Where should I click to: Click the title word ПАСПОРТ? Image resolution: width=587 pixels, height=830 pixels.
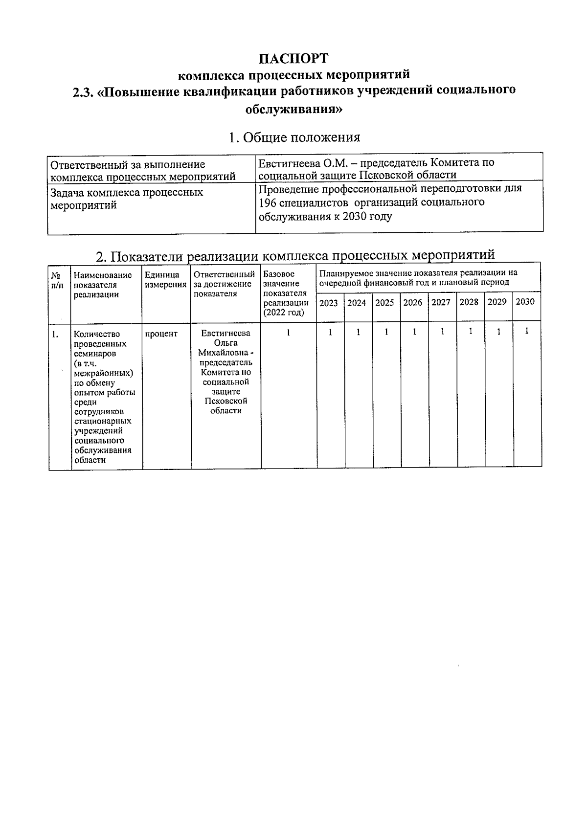(x=293, y=59)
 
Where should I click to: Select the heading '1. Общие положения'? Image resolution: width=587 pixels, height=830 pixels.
(x=294, y=137)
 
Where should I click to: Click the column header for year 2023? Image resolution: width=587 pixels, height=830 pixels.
(x=329, y=303)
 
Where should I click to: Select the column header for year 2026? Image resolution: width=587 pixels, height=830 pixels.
(x=413, y=303)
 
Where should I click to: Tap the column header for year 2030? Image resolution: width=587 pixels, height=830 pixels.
(x=525, y=302)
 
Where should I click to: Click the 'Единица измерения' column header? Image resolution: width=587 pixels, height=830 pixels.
(x=166, y=280)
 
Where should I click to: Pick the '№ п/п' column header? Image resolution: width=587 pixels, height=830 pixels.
(x=57, y=280)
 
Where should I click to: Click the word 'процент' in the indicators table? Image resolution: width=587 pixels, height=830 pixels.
(x=161, y=334)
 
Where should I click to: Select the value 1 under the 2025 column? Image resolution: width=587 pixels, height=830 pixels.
(x=386, y=332)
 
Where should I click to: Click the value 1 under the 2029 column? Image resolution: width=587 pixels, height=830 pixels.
(x=498, y=332)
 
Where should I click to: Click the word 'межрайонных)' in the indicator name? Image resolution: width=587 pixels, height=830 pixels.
(x=103, y=373)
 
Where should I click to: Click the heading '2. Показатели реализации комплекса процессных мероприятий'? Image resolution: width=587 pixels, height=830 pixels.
(x=295, y=255)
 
